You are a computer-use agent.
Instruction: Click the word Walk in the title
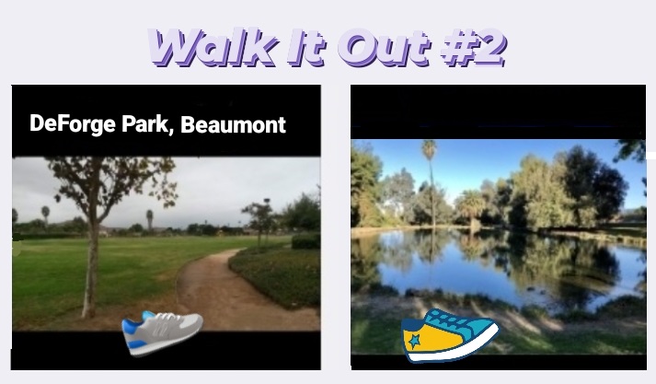213,47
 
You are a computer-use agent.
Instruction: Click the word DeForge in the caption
73,125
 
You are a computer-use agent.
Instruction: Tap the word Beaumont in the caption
233,125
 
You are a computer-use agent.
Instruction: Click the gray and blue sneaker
162,333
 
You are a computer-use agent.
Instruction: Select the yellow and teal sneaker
450,336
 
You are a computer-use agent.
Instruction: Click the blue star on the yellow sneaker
414,341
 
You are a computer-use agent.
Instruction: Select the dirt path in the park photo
235,293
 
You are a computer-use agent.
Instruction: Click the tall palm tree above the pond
430,184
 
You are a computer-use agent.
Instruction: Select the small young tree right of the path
260,222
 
